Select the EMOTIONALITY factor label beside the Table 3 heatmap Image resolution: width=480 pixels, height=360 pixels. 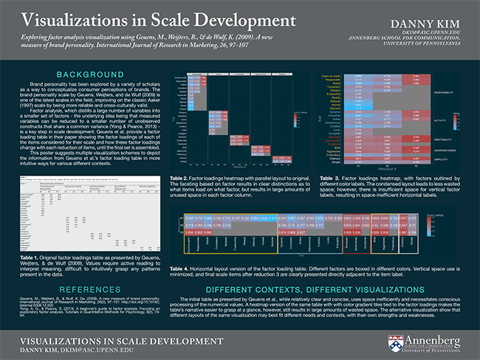pyautogui.click(x=445, y=137)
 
